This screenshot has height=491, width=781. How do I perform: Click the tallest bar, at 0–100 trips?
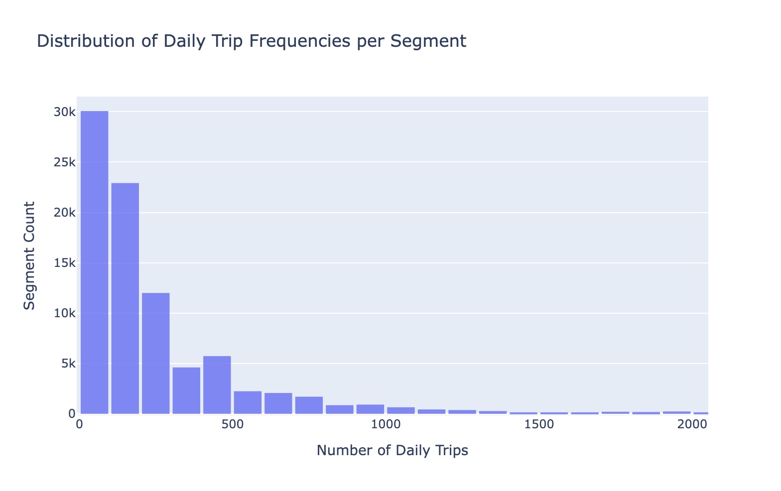pos(94,262)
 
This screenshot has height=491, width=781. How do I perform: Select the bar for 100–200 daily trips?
pos(125,298)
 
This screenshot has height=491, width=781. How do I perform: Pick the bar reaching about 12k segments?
pos(155,353)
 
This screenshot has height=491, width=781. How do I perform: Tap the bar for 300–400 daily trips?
pos(186,390)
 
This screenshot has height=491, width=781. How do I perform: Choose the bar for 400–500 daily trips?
pos(217,385)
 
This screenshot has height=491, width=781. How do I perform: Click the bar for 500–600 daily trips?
pos(248,402)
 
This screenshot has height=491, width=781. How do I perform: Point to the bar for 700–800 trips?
pos(309,405)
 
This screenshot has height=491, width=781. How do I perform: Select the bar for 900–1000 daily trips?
pos(370,409)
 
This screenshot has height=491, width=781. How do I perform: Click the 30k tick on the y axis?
pos(65,112)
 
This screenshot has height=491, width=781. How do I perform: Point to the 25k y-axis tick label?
pos(65,162)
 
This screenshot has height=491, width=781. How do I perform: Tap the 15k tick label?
pos(65,263)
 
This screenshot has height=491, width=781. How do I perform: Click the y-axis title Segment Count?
pos(30,255)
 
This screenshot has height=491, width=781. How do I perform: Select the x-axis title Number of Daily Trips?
pos(392,451)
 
